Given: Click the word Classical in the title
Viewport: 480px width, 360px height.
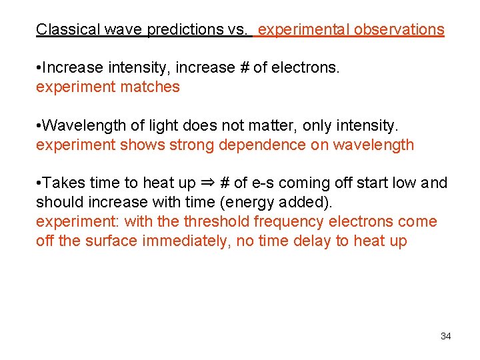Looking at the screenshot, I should [63, 29].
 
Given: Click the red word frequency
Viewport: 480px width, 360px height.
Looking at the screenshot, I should [281, 221].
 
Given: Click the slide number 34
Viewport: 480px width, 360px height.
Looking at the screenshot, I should [446, 336].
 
